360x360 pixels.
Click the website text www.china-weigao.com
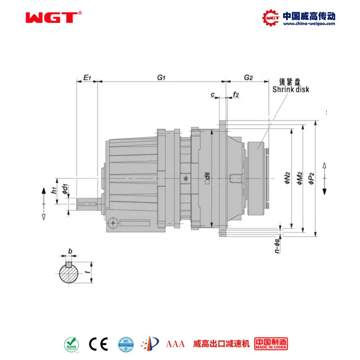pyautogui.click(x=309, y=24)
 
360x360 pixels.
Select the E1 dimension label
pyautogui.click(x=87, y=78)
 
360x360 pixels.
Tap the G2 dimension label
pyautogui.click(x=248, y=77)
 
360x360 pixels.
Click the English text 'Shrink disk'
pyautogui.click(x=291, y=90)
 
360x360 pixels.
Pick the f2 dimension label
pyautogui.click(x=236, y=95)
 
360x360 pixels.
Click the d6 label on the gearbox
pyautogui.click(x=207, y=178)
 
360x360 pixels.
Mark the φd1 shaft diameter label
pyautogui.click(x=65, y=189)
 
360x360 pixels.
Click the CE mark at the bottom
pyautogui.click(x=98, y=344)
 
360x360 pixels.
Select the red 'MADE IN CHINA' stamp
pyautogui.click(x=271, y=344)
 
